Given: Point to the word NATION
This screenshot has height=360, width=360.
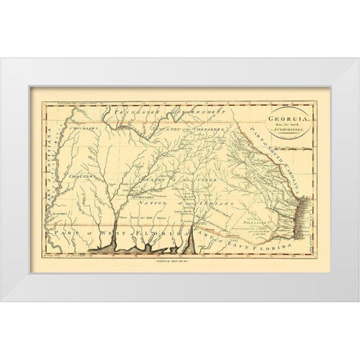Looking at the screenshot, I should coord(146,202).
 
